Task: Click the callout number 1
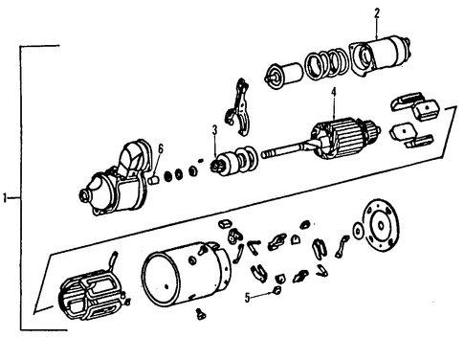pyautogui.click(x=5, y=198)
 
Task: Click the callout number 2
pyautogui.click(x=377, y=13)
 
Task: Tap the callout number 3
pyautogui.click(x=215, y=130)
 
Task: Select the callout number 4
pyautogui.click(x=334, y=93)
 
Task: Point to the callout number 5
pyautogui.click(x=248, y=298)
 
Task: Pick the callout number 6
pyautogui.click(x=160, y=149)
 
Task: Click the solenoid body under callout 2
pyautogui.click(x=380, y=56)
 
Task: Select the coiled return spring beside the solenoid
pyautogui.click(x=326, y=64)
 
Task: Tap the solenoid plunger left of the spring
pyautogui.click(x=284, y=76)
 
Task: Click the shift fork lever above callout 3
pyautogui.click(x=238, y=107)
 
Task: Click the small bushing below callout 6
pyautogui.click(x=154, y=180)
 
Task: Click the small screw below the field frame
pyautogui.click(x=201, y=314)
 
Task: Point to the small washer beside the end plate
pyautogui.click(x=359, y=231)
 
